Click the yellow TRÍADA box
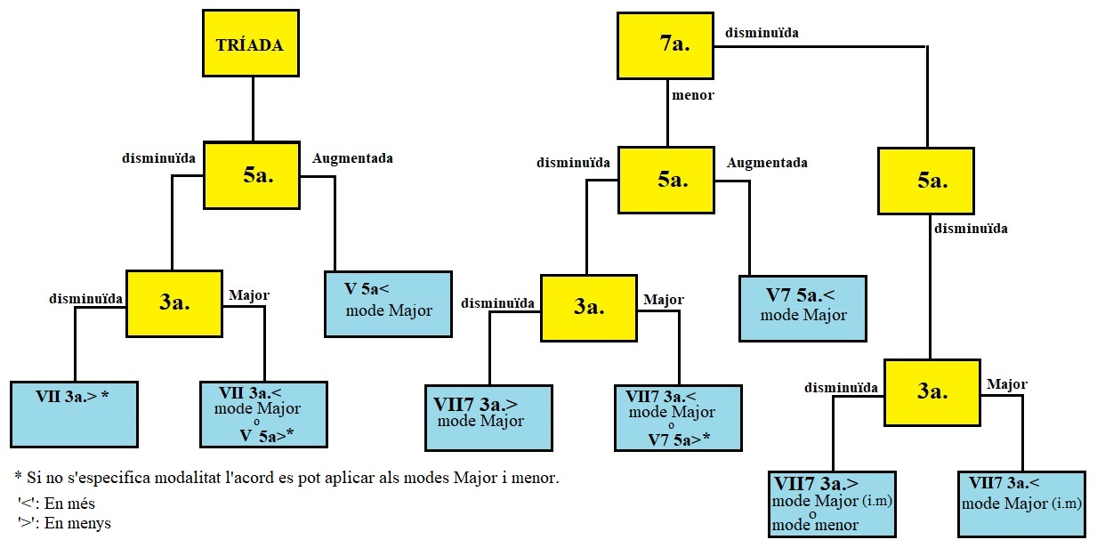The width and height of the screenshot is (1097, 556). tap(250, 44)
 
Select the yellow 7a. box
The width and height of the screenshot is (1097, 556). tap(666, 44)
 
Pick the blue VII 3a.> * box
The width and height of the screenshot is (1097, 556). tap(74, 414)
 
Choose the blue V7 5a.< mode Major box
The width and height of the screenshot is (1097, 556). tap(803, 308)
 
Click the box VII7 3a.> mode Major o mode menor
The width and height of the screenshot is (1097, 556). tap(832, 504)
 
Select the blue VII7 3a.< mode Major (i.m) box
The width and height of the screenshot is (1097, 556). tap(1021, 504)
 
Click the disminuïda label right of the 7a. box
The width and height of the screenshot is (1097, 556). tap(762, 33)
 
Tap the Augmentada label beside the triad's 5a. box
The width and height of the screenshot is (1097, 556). tap(352, 158)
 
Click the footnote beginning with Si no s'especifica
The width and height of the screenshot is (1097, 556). tap(287, 478)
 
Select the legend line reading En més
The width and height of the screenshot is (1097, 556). tap(57, 504)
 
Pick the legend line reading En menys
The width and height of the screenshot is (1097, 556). tap(64, 523)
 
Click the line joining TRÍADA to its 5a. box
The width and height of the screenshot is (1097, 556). tap(253, 109)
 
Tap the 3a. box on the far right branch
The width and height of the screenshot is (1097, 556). tap(932, 392)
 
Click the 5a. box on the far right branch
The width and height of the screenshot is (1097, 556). tap(925, 181)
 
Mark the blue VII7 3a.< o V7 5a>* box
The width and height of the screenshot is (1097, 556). tap(678, 418)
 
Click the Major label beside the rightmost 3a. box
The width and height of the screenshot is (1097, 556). tap(1007, 385)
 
